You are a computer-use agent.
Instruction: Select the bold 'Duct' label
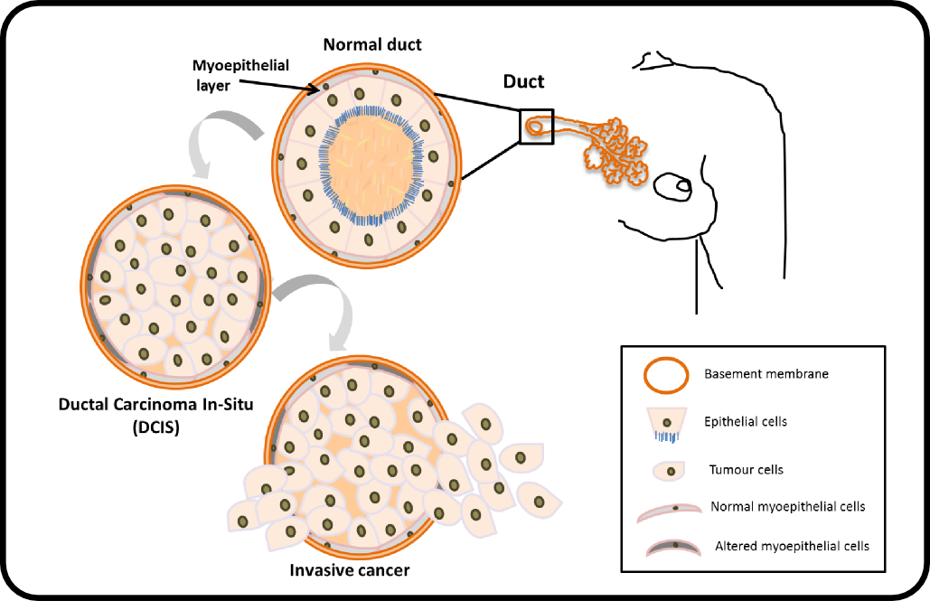(x=523, y=81)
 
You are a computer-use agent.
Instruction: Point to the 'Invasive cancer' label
(x=349, y=570)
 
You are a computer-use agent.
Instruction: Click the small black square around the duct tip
(x=536, y=127)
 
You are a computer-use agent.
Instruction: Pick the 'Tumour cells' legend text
(x=746, y=470)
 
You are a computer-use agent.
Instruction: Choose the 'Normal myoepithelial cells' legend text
(x=788, y=507)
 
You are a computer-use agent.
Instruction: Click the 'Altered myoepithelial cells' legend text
(x=792, y=546)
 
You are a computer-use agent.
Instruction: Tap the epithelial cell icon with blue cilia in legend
(x=666, y=424)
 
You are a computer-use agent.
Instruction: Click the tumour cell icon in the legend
(x=667, y=471)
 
